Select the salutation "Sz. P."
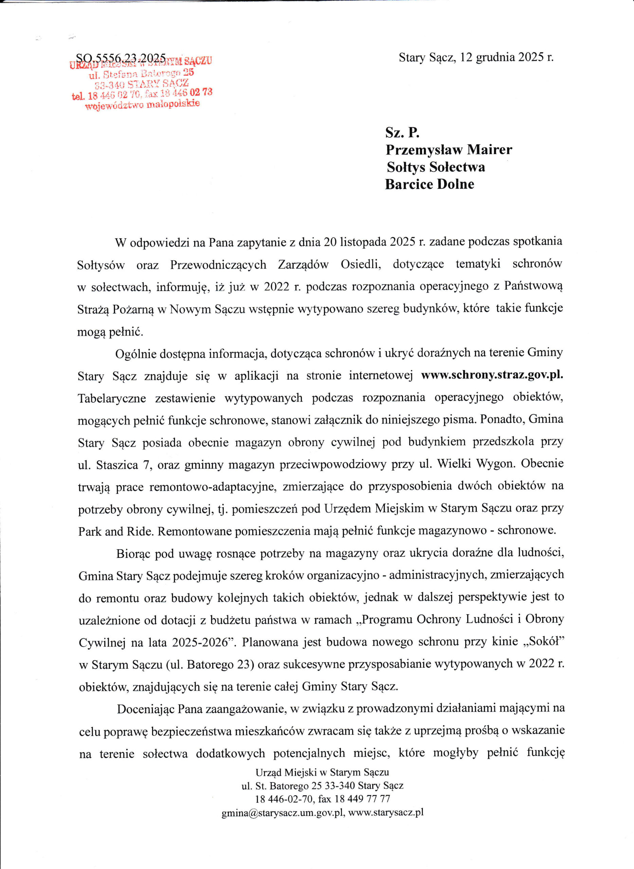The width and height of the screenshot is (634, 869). pyautogui.click(x=402, y=132)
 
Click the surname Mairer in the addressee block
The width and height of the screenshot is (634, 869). pyautogui.click(x=489, y=150)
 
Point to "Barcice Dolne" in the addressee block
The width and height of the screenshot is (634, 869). pyautogui.click(x=430, y=185)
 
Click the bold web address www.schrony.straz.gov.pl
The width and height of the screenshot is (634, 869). pyautogui.click(x=492, y=375)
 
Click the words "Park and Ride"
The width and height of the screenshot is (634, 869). pyautogui.click(x=115, y=531)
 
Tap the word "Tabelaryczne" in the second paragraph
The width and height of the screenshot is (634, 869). pyautogui.click(x=112, y=398)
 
